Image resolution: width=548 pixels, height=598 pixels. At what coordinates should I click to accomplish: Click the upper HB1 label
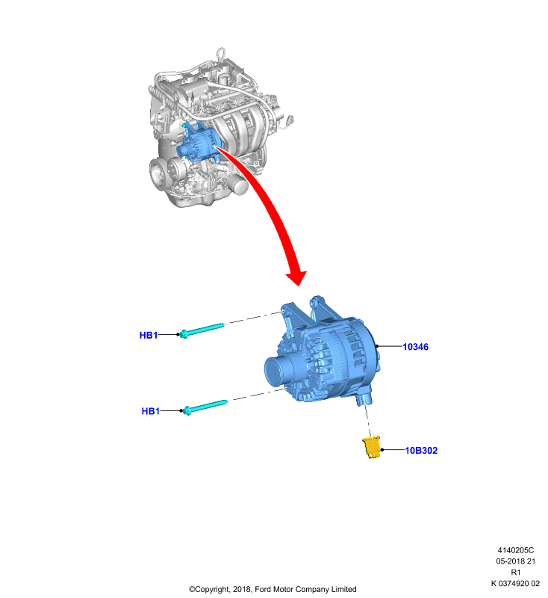149,335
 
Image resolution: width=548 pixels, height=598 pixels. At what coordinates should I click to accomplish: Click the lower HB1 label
151,411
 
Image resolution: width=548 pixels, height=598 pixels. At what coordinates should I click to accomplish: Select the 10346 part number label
415,347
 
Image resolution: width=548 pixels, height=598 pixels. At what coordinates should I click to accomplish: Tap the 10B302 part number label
421,451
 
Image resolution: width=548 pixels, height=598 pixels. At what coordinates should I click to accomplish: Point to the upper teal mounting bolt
202,330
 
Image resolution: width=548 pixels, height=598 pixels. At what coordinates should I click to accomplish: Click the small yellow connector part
372,446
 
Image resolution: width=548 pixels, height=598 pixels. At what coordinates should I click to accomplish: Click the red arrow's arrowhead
296,277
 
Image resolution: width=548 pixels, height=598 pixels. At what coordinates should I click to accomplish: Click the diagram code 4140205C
516,550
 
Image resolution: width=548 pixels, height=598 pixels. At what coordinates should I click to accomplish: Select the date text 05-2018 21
516,561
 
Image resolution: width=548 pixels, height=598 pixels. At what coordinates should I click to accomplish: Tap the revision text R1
516,572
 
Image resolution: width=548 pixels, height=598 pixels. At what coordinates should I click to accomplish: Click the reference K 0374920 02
515,583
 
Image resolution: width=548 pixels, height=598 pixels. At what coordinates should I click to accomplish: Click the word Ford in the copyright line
263,589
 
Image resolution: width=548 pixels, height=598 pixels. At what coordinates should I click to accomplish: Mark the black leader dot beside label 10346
377,346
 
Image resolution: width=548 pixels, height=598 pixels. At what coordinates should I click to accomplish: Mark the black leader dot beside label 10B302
382,450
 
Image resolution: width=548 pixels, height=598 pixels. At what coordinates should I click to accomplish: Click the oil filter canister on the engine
239,185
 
